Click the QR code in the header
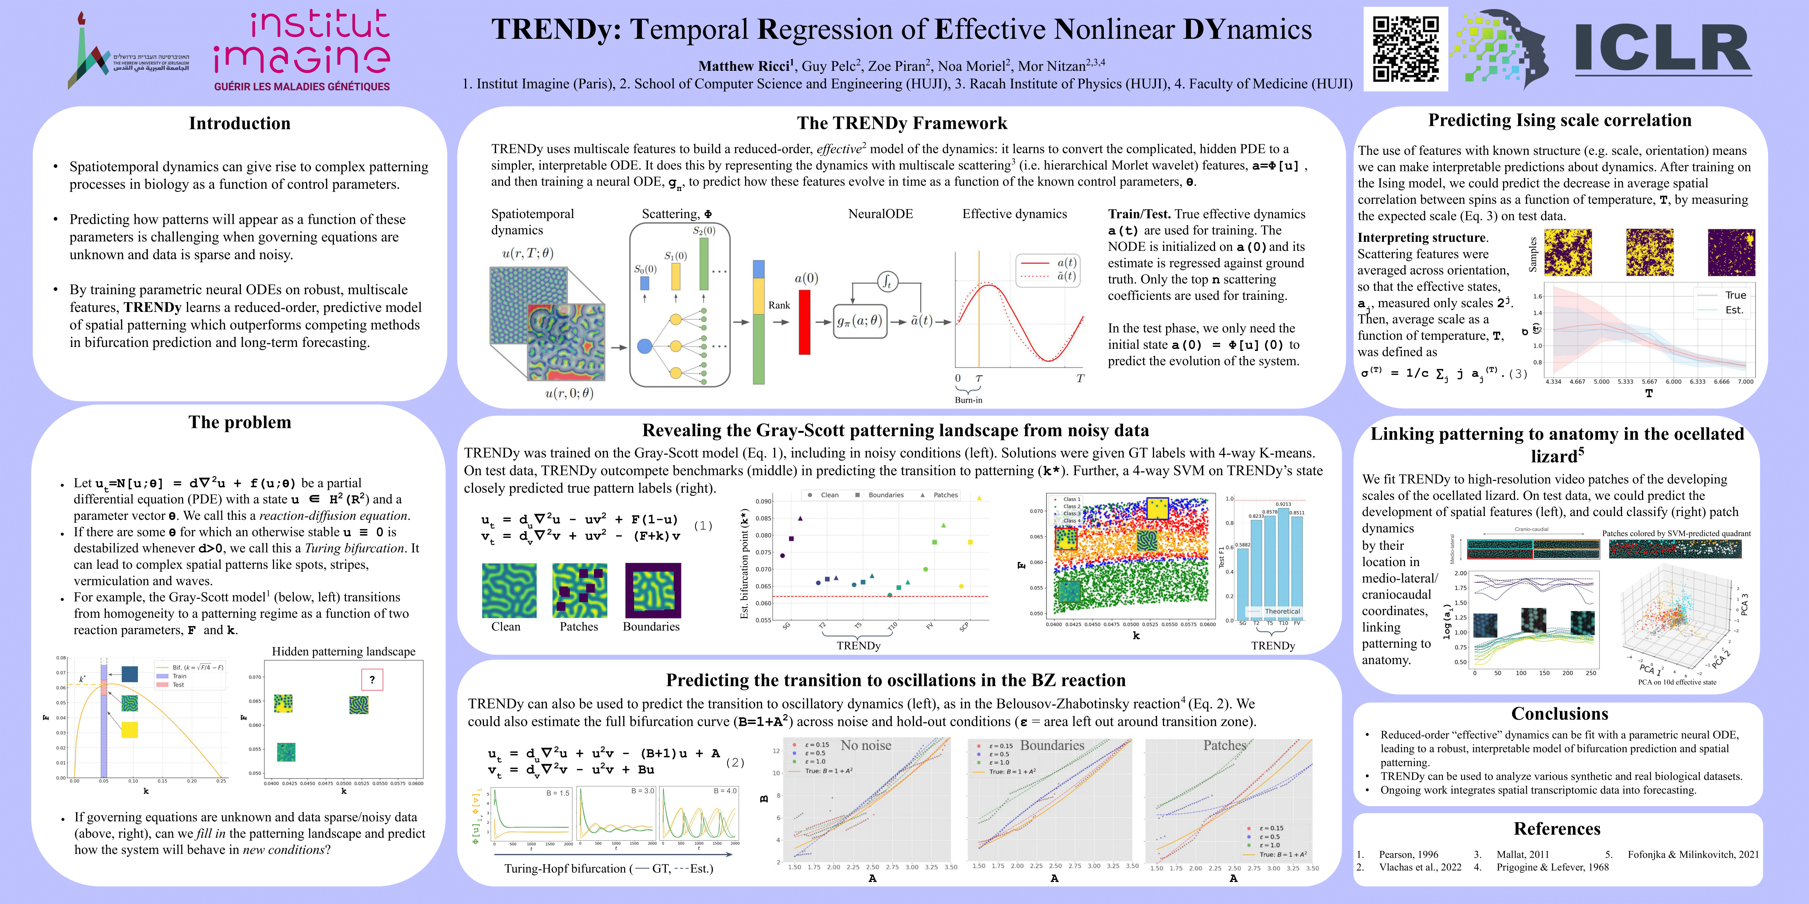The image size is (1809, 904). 1405,49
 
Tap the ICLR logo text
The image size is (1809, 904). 1662,49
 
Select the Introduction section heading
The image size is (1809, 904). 239,124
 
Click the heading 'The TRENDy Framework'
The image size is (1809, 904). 902,124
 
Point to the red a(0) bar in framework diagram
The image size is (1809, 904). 805,322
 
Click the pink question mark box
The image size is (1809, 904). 372,680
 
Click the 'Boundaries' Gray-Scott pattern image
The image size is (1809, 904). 652,590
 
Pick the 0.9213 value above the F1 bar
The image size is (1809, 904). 1283,504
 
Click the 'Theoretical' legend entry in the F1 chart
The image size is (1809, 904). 1282,611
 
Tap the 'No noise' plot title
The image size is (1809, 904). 866,745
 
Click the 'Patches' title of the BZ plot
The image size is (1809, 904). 1225,745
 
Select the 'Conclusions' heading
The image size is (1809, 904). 1559,714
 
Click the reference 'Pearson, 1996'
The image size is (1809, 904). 1408,854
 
